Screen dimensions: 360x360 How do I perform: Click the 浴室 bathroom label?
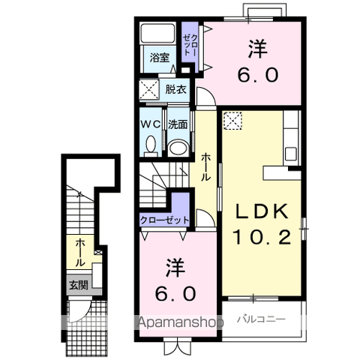[160, 58]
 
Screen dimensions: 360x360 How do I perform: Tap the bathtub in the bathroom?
[157, 33]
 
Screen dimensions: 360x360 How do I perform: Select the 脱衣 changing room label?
[176, 89]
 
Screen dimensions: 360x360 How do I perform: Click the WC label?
[151, 124]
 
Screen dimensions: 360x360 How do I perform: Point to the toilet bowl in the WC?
[151, 146]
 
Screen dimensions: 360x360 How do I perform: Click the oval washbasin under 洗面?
[178, 148]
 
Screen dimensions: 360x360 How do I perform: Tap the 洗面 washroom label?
[178, 124]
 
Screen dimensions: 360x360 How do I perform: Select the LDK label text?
[262, 211]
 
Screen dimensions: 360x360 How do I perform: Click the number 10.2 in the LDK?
[262, 237]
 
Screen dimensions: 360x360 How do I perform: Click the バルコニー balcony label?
[261, 319]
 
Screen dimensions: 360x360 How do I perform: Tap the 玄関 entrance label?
[79, 285]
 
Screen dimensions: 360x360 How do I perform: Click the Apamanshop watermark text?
[181, 322]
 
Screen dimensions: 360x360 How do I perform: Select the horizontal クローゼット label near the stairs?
[164, 220]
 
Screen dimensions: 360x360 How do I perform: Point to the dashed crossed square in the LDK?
[232, 121]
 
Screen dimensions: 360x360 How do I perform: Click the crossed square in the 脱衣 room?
[149, 89]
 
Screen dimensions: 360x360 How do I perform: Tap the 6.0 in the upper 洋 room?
[258, 75]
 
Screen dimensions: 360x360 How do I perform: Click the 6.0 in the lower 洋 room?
[175, 294]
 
